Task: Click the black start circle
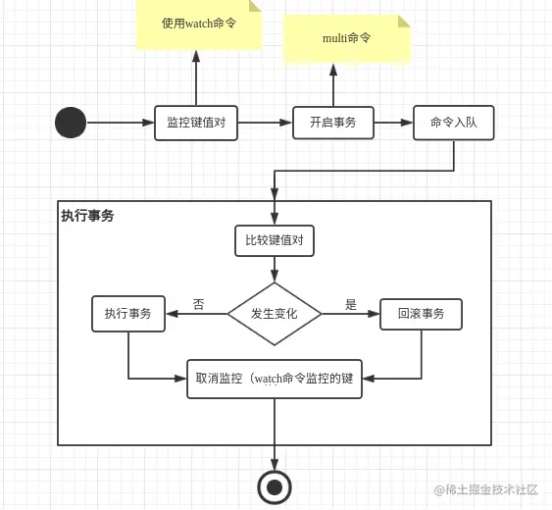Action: tap(71, 123)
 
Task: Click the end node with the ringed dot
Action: tap(275, 485)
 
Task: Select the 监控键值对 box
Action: tap(196, 123)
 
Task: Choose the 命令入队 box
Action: tap(453, 123)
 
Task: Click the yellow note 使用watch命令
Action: tap(198, 24)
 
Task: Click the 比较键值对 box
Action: tap(275, 240)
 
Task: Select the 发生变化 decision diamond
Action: tap(275, 314)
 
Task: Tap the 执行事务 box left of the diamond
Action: tap(128, 314)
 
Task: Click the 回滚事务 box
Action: tap(421, 314)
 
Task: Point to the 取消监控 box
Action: tap(275, 379)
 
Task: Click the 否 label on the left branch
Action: tap(198, 305)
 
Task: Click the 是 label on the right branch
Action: tap(350, 305)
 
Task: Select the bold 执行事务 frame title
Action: tap(88, 216)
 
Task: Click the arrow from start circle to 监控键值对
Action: tap(120, 123)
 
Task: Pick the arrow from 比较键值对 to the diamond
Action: tap(275, 269)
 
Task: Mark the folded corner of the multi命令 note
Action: tap(404, 22)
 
